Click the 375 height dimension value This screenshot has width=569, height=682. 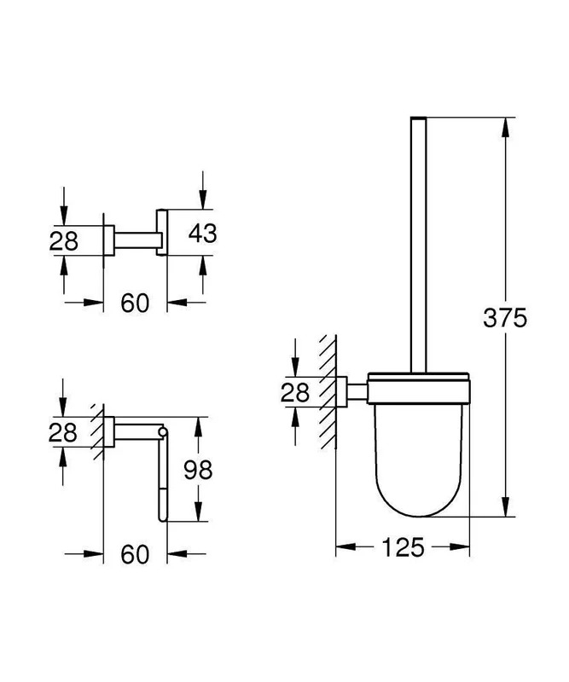pos(505,317)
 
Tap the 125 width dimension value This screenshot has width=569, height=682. pos(403,547)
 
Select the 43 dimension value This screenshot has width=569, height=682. pos(202,233)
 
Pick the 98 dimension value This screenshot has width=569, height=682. pos(198,470)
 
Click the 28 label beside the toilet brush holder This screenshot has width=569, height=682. pos(294,392)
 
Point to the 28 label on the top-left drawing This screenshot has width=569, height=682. pos(64,241)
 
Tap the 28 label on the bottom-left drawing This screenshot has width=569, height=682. pos(63,432)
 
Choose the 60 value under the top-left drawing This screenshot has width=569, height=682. pos(135,303)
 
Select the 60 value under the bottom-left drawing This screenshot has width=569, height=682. pos(135,554)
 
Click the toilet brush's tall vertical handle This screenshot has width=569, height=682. pos(418,245)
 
